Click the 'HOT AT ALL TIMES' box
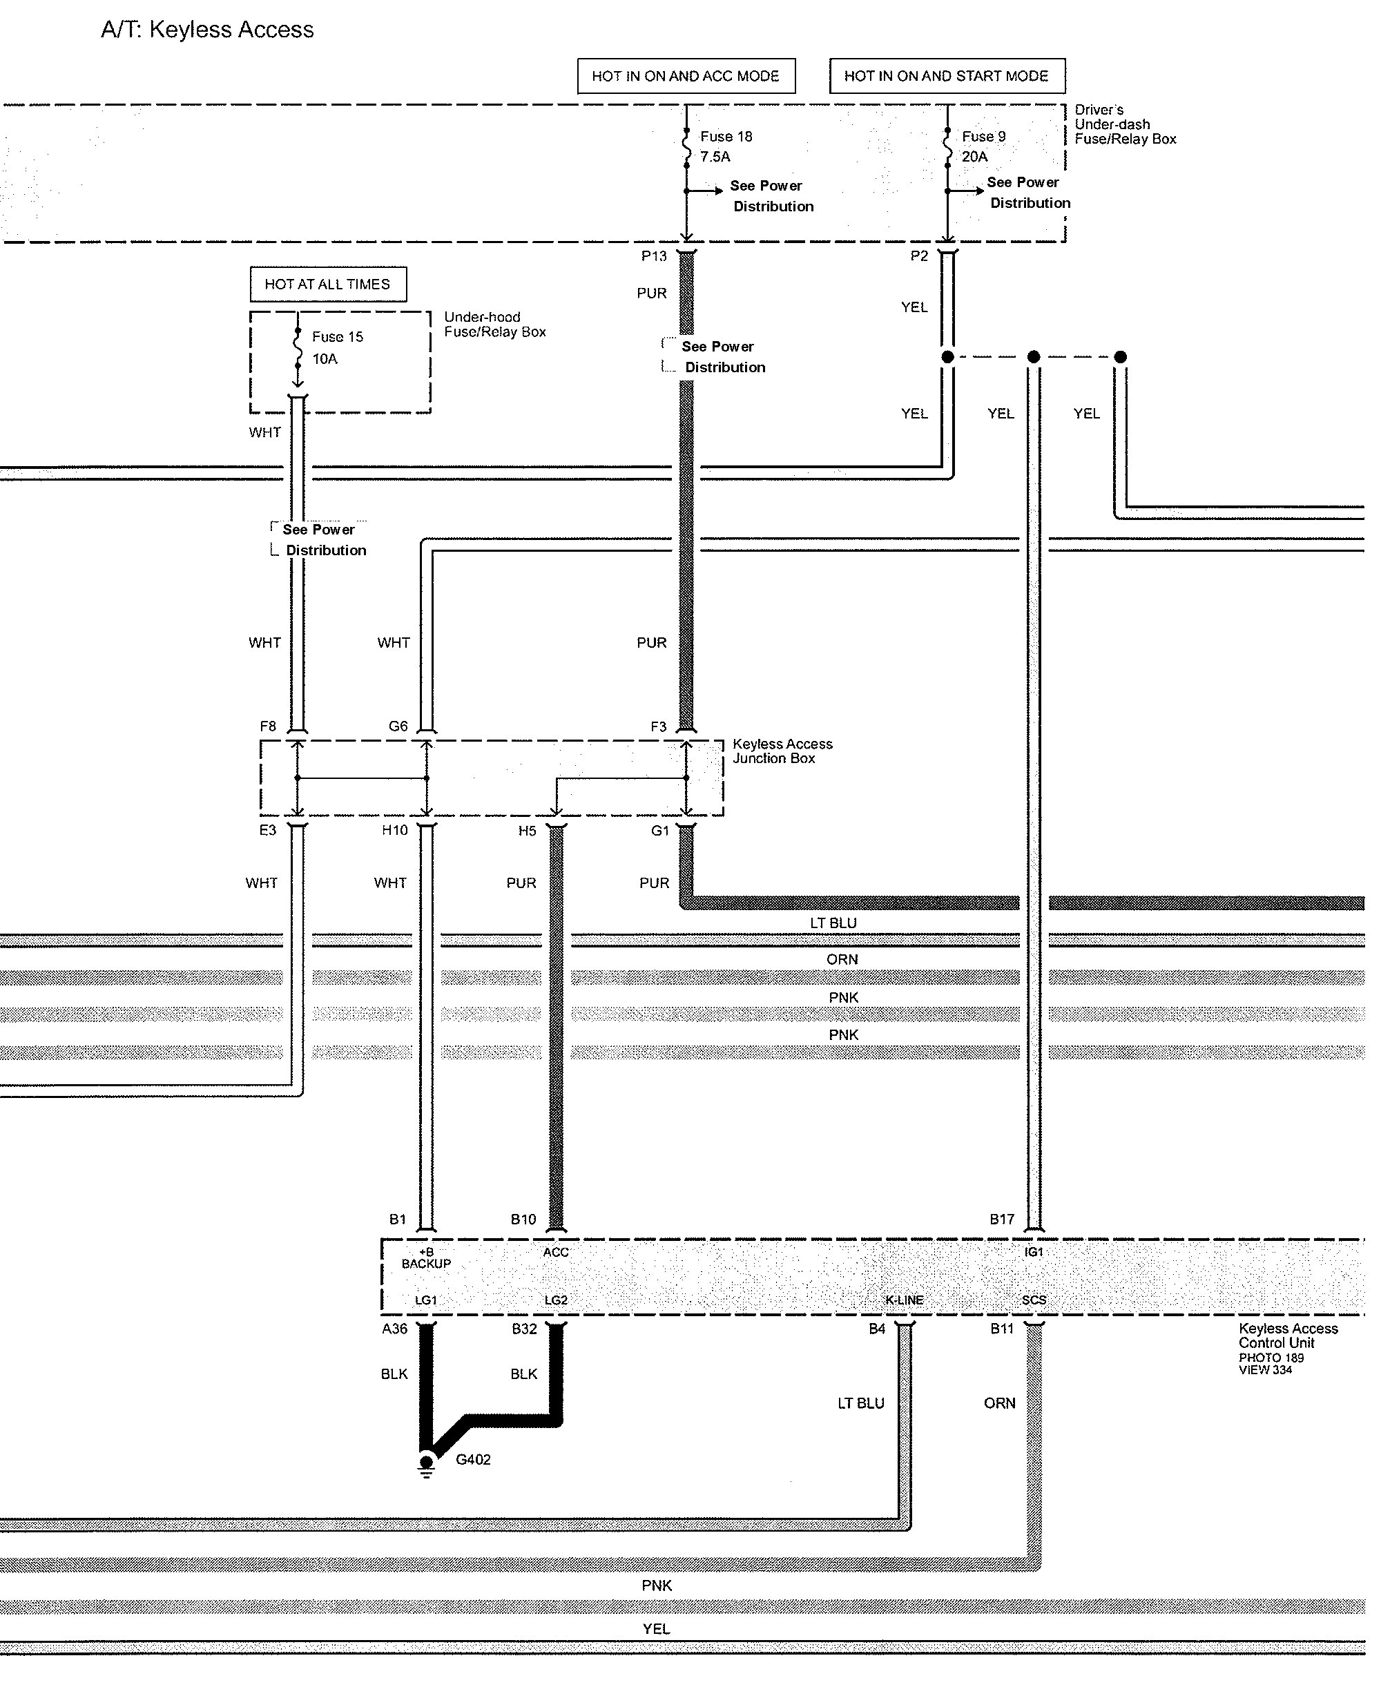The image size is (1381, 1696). point(328,284)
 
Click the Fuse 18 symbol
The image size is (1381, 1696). point(686,147)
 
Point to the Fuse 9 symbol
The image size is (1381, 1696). point(947,147)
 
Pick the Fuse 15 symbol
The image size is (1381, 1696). point(298,347)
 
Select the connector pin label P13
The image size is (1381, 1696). point(654,256)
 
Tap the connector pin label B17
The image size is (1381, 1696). point(1001,1220)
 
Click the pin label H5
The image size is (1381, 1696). point(527,831)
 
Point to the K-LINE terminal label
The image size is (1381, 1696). point(905,1300)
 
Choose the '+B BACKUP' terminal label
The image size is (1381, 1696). point(427,1258)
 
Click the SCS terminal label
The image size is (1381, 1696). point(1034,1300)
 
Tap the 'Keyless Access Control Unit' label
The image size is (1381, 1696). point(1288,1336)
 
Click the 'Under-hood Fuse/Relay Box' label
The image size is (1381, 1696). point(495,325)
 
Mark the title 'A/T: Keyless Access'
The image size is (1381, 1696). point(208,30)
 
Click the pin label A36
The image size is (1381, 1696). point(394,1329)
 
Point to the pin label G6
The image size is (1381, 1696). point(398,726)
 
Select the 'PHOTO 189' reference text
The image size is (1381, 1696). point(1271,1358)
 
